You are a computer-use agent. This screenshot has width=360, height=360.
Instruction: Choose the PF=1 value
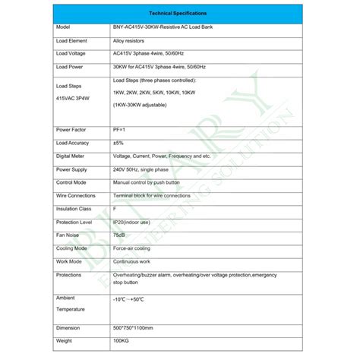pos(120,129)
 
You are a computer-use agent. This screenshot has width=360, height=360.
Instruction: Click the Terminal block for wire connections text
pos(155,195)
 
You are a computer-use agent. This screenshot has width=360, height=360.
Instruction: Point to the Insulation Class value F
pos(114,208)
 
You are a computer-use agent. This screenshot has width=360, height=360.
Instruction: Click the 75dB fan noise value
pos(120,235)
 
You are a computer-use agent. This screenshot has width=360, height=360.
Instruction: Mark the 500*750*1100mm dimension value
pos(137,328)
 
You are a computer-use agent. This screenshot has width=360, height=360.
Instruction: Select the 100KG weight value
pos(121,342)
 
